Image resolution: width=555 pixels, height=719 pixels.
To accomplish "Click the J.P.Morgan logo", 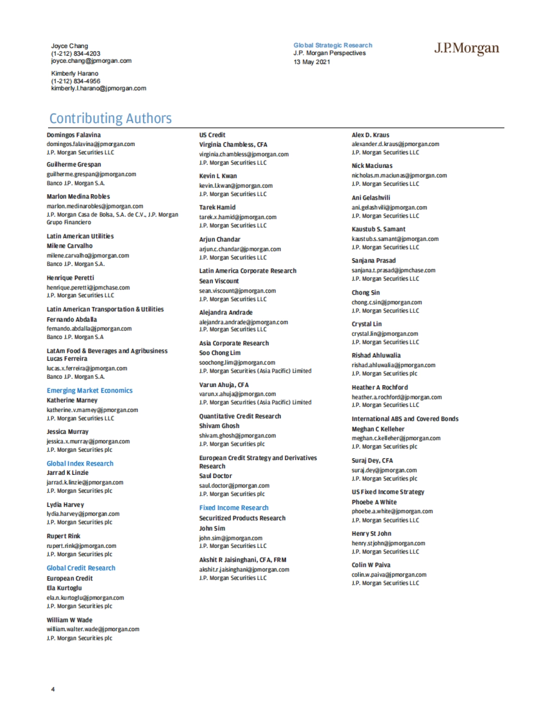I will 466,49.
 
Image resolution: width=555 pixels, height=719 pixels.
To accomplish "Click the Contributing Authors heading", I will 111,118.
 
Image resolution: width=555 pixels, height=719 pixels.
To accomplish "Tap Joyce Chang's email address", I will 91,61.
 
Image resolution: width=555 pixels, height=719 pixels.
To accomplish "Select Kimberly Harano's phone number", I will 75,81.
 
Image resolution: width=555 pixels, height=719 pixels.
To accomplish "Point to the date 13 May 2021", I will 312,62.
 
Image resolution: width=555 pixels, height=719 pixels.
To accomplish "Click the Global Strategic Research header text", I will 333,45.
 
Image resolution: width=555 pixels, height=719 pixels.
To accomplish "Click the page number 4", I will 53,689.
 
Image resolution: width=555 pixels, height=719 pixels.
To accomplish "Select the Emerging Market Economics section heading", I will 89,391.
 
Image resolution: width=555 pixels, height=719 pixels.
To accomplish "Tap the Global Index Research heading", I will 80,463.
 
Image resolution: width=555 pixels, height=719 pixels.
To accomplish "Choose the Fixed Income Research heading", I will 234,508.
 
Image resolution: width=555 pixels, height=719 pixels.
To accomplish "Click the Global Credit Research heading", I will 81,568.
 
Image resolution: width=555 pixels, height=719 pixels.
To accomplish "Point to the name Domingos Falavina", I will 74,135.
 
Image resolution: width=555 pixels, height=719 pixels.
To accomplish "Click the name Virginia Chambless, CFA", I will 233,145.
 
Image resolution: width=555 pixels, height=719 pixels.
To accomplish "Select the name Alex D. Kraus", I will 370,135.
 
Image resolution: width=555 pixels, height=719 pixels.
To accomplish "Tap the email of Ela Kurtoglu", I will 85,597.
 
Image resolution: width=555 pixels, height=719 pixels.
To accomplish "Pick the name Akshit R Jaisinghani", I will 242,559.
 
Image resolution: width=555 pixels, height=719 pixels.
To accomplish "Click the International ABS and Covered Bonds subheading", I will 405,419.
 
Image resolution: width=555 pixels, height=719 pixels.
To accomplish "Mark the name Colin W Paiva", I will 371,565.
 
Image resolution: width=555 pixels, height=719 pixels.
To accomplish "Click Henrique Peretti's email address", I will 88,288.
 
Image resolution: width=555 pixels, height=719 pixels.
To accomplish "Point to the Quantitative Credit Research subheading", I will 240,416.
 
